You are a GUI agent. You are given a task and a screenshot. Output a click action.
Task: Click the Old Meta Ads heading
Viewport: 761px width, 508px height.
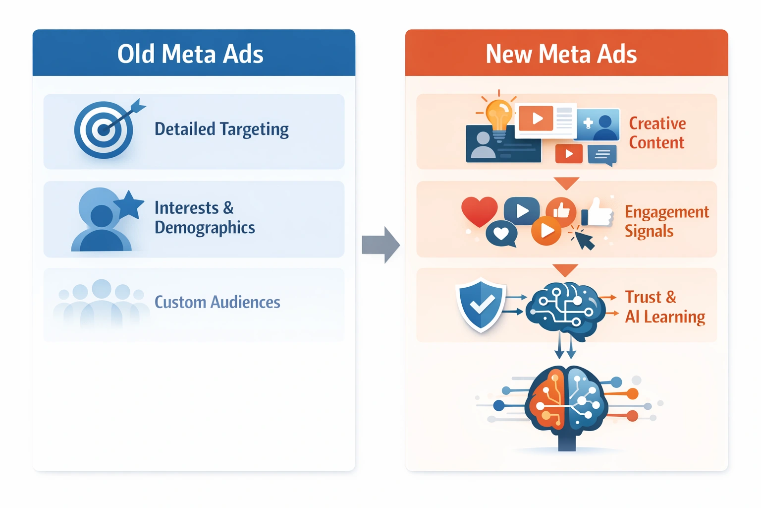click(190, 54)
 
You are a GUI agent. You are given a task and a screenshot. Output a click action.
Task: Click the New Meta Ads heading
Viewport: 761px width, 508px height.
click(561, 54)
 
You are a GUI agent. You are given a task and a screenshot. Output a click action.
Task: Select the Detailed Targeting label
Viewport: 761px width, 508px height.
click(221, 129)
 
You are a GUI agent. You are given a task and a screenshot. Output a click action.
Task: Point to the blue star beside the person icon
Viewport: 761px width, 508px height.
click(129, 204)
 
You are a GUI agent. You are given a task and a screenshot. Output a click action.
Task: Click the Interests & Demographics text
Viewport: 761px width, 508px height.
click(205, 217)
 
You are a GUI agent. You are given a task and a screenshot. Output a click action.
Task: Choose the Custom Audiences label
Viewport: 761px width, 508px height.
click(217, 302)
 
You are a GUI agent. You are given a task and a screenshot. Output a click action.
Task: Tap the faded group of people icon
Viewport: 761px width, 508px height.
click(101, 303)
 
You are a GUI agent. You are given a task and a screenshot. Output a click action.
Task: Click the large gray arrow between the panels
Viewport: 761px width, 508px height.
click(380, 245)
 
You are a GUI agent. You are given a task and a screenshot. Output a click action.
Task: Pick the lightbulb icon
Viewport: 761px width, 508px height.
click(498, 114)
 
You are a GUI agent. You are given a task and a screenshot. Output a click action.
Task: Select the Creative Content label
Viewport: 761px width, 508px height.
click(657, 133)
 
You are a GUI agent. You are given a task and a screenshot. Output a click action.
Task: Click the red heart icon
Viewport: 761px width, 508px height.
click(479, 210)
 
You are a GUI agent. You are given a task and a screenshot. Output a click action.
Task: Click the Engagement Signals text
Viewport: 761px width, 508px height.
click(666, 221)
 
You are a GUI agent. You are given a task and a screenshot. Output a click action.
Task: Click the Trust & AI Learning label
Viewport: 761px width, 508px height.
click(664, 307)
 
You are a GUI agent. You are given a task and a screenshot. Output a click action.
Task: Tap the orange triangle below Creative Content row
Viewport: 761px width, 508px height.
click(567, 183)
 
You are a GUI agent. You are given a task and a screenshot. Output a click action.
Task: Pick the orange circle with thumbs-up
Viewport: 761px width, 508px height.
click(561, 210)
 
